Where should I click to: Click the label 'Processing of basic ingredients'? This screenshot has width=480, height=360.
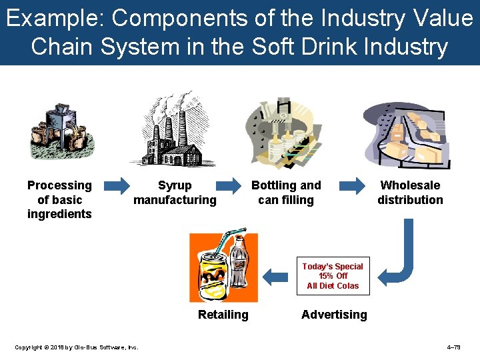coord(59,199)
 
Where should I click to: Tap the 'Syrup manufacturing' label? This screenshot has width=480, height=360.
coord(175,193)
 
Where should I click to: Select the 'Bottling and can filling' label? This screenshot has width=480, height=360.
coord(285,193)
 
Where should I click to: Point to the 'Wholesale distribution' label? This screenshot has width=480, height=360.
coord(410,193)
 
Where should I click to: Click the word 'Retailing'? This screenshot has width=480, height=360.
coord(223,315)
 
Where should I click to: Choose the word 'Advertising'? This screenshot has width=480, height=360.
coord(334,315)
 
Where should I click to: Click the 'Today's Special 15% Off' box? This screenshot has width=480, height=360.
coord(333,276)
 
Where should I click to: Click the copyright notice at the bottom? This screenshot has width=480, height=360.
coord(76,347)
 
